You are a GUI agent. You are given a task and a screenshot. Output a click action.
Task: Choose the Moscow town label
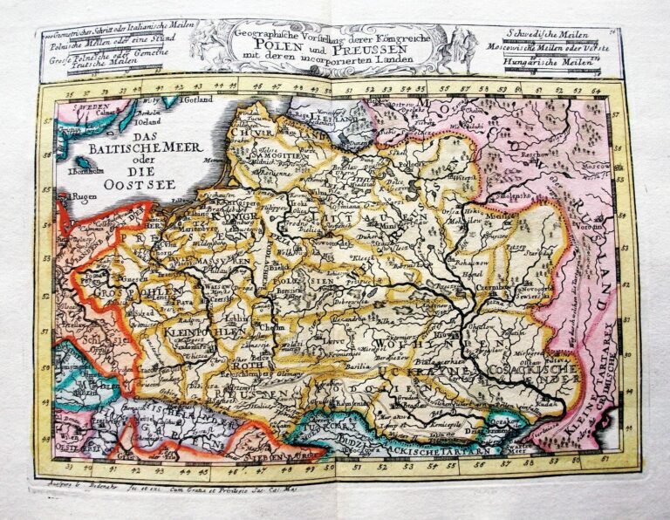596,164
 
